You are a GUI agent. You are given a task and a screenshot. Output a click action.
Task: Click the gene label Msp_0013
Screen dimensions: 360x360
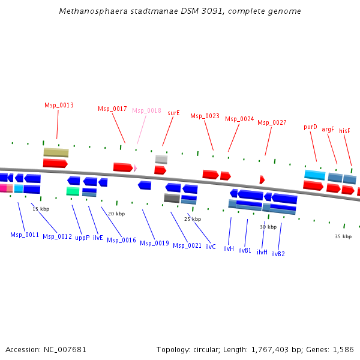click(59, 105)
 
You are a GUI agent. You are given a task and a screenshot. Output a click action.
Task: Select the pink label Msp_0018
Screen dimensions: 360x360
click(146, 110)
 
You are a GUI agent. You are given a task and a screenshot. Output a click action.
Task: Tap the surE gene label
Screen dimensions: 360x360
click(173, 112)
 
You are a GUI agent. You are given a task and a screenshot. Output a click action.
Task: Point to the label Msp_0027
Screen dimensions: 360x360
click(272, 122)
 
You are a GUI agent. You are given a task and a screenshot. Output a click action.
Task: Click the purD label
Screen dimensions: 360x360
click(310, 127)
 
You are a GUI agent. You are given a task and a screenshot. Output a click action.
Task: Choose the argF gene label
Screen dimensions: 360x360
click(328, 129)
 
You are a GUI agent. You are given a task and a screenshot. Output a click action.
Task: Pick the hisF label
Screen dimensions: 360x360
click(344, 131)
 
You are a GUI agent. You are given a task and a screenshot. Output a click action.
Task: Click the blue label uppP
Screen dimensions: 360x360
click(82, 238)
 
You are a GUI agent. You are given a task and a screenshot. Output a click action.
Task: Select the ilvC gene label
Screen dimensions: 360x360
click(211, 247)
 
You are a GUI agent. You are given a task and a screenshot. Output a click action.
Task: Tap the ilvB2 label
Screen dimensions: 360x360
click(278, 254)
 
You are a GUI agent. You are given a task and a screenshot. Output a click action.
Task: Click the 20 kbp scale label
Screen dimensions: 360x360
click(116, 214)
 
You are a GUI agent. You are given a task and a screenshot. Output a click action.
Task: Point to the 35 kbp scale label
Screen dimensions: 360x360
click(343, 236)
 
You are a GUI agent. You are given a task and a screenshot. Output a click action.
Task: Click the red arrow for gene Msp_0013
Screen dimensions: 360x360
click(55, 163)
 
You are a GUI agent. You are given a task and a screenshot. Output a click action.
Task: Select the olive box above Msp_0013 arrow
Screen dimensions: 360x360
click(56, 152)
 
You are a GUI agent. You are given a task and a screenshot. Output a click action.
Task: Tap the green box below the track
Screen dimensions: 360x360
click(73, 191)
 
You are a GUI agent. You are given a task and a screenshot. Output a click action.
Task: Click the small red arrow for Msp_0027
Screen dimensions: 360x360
click(262, 179)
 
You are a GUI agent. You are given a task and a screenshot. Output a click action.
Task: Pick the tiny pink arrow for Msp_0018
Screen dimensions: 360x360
click(136, 169)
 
